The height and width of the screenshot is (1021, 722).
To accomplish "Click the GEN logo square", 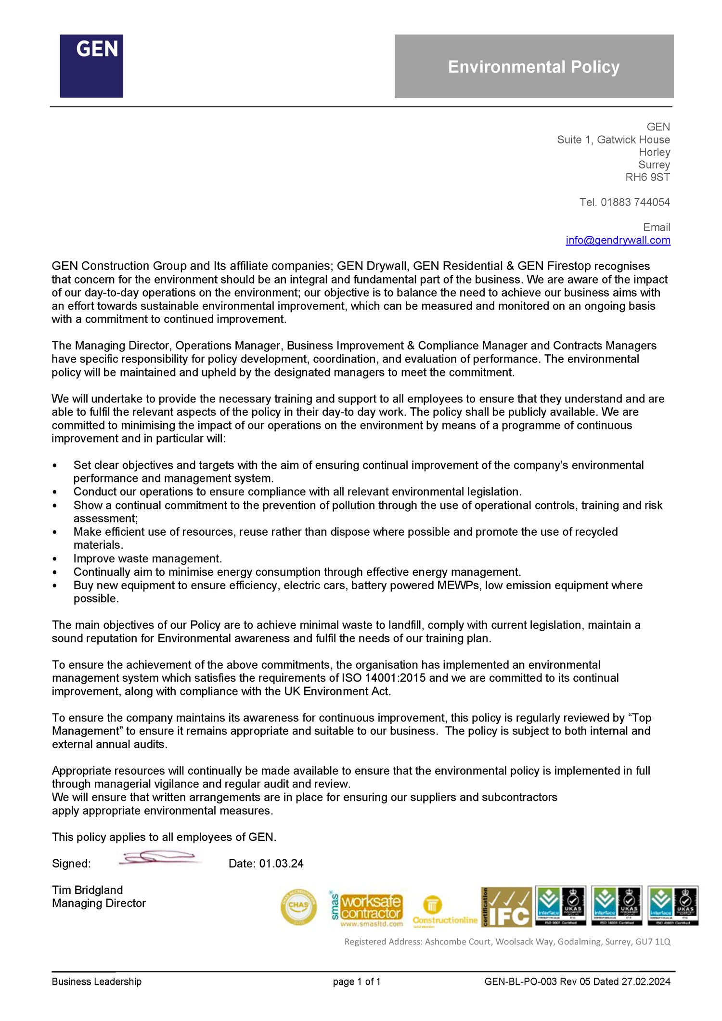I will click(91, 66).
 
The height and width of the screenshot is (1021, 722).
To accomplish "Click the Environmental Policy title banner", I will click(534, 66).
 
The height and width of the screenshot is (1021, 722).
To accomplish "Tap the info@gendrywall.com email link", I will click(618, 240).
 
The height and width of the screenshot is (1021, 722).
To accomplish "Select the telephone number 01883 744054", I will click(635, 202).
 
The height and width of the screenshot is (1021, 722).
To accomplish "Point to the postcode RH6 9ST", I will click(647, 177).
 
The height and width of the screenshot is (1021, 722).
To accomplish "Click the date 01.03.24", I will click(281, 864).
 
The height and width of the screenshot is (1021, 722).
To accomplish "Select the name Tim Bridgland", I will click(87, 890).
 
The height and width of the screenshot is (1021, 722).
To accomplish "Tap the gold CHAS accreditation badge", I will click(298, 907).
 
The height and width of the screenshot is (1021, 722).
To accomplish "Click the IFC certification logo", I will click(506, 907).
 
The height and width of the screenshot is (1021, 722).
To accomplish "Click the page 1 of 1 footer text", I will click(357, 982).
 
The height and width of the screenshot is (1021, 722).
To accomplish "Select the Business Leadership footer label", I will click(97, 982).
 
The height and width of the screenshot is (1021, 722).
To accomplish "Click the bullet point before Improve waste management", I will click(55, 559).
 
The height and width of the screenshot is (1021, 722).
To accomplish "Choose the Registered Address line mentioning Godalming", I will click(507, 942).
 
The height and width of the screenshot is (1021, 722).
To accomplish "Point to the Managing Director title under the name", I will click(99, 904).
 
